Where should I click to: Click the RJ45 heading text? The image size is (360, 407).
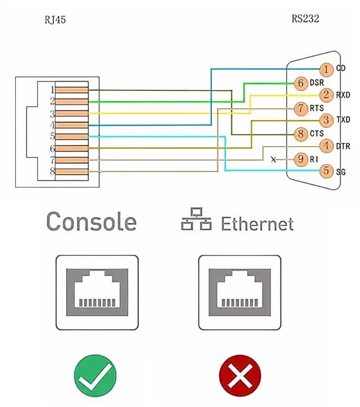point(55,20)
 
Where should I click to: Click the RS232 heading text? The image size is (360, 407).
point(305,19)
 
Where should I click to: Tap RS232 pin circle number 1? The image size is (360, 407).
point(326,69)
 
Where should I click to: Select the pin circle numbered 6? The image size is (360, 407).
point(301,83)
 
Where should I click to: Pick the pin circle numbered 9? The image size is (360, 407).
point(301,159)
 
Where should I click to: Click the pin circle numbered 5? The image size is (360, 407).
point(326,171)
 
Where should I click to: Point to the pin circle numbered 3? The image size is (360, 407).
point(326,120)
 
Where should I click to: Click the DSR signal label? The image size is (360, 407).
point(316,83)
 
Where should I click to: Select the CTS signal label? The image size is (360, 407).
point(316,133)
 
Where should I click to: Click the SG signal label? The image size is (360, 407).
point(341,172)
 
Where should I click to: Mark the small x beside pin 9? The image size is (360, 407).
point(273,160)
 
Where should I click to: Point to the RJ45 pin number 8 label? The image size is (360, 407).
point(52,171)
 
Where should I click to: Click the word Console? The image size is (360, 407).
point(91,222)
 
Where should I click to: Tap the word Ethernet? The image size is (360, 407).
point(257,224)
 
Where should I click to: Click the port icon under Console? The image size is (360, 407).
point(97,293)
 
